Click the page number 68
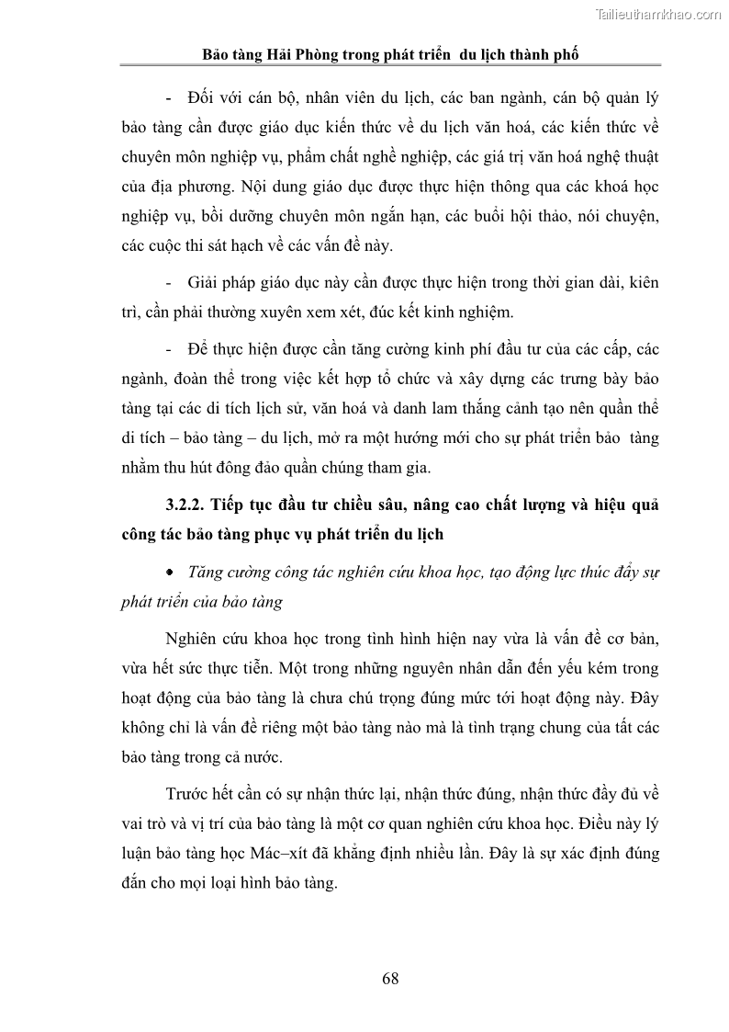point(390,979)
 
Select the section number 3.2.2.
point(188,505)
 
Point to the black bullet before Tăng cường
point(171,572)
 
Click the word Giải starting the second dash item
point(202,281)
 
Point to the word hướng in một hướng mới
point(422,437)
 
